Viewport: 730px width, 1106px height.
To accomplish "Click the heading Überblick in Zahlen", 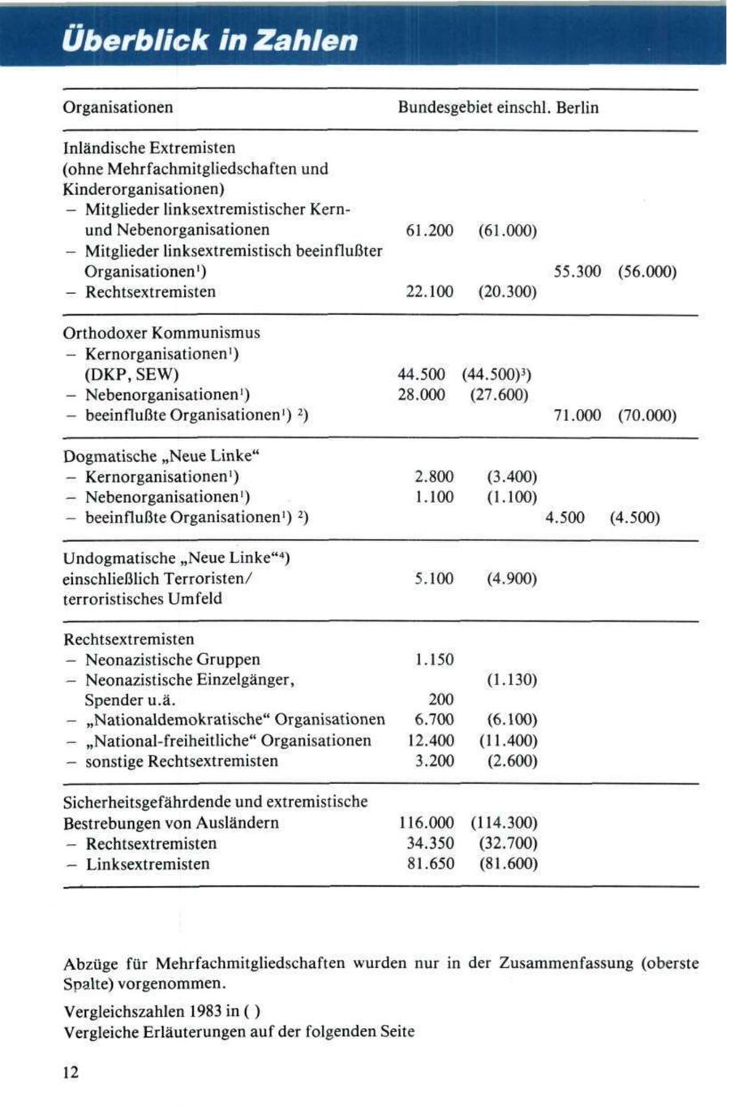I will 213,40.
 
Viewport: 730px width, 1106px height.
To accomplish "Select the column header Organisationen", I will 118,107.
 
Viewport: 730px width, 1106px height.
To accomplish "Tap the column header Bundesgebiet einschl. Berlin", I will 497,107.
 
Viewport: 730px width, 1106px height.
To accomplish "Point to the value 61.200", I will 429,230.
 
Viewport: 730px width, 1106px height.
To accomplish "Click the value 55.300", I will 577,272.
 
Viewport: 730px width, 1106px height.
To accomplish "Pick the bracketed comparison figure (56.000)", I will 646,272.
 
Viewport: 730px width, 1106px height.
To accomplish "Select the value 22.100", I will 429,292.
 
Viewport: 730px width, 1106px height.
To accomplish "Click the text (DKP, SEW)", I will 131,374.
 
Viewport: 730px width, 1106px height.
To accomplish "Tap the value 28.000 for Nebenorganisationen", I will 422,395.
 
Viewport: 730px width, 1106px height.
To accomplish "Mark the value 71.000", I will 577,415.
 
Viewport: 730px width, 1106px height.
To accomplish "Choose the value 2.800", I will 434,476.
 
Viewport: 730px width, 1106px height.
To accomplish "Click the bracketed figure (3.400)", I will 512,476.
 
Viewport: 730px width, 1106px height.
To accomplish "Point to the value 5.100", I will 434,579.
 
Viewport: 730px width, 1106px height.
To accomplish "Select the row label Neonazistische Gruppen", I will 172,660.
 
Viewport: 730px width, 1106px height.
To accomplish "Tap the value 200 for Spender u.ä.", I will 441,699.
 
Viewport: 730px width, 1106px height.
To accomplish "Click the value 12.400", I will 430,740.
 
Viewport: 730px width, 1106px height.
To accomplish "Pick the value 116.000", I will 427,823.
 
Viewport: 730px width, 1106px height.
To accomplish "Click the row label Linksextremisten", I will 148,864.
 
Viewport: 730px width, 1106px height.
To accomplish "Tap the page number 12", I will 71,1073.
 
